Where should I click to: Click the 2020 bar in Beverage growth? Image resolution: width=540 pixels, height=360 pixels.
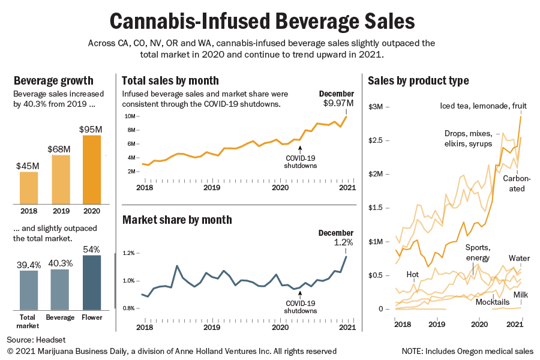click(x=92, y=170)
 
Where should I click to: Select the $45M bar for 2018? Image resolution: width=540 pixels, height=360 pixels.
click(x=28, y=188)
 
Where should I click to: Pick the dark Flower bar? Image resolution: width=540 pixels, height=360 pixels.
click(x=92, y=282)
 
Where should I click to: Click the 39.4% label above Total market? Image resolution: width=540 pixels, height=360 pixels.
click(x=28, y=265)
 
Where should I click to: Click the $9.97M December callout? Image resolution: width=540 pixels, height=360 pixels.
click(x=338, y=104)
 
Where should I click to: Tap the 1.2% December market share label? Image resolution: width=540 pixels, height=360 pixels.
click(x=343, y=242)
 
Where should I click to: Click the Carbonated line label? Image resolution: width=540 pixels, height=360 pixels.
click(x=514, y=184)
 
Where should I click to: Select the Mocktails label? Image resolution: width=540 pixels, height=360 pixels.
click(x=492, y=302)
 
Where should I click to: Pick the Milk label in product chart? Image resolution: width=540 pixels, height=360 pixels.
click(x=520, y=295)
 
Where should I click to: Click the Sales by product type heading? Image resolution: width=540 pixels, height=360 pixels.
click(x=418, y=80)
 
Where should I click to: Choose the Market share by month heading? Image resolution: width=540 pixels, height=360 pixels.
click(x=177, y=220)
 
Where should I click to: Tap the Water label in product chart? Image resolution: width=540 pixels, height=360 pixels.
click(x=519, y=259)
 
